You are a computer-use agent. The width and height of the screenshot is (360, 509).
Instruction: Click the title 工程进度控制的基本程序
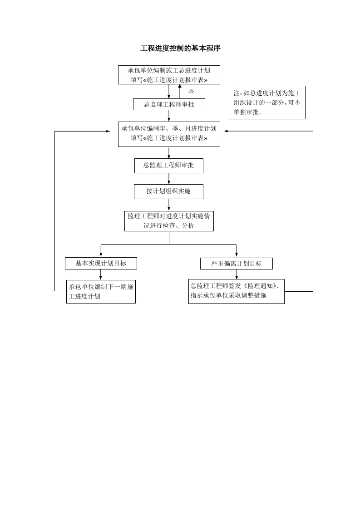click(180, 49)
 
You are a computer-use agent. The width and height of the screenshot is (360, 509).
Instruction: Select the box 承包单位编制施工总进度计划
click(169, 75)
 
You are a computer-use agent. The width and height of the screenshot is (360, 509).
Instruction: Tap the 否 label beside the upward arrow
click(191, 91)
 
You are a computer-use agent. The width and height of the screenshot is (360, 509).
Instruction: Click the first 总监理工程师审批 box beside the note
click(169, 104)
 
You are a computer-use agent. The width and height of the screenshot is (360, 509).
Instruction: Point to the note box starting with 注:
click(267, 103)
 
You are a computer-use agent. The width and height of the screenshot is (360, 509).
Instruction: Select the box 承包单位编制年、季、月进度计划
click(169, 134)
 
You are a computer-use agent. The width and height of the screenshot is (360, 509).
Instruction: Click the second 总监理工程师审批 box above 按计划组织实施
click(168, 166)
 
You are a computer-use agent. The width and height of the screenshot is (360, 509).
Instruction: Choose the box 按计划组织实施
click(168, 191)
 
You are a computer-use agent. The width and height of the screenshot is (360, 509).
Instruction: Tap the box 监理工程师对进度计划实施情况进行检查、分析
click(169, 221)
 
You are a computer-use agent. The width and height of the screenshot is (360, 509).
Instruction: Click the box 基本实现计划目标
click(101, 264)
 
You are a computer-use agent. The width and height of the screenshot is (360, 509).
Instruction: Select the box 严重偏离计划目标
click(236, 264)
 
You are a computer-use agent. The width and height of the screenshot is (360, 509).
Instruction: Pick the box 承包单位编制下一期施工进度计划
click(101, 291)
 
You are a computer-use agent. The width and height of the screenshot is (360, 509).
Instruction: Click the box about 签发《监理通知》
click(236, 291)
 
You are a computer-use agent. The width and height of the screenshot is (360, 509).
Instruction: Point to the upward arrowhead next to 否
click(180, 87)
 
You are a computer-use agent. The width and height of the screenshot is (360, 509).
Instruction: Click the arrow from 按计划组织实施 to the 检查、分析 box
click(169, 205)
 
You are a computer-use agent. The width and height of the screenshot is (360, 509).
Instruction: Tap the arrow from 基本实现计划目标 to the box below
click(101, 274)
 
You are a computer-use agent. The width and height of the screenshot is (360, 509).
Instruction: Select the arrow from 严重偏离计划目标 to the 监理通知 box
click(237, 274)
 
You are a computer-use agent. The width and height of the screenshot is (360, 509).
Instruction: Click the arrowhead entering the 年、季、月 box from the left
click(108, 131)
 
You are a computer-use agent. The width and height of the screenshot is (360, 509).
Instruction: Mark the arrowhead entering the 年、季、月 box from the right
click(226, 131)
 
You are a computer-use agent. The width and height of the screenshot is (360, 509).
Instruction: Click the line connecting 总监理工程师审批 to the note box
click(217, 105)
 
